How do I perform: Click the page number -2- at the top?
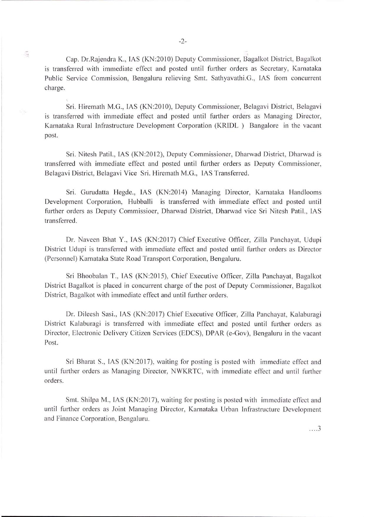click(x=182, y=42)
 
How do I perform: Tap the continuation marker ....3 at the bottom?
click(x=315, y=429)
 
